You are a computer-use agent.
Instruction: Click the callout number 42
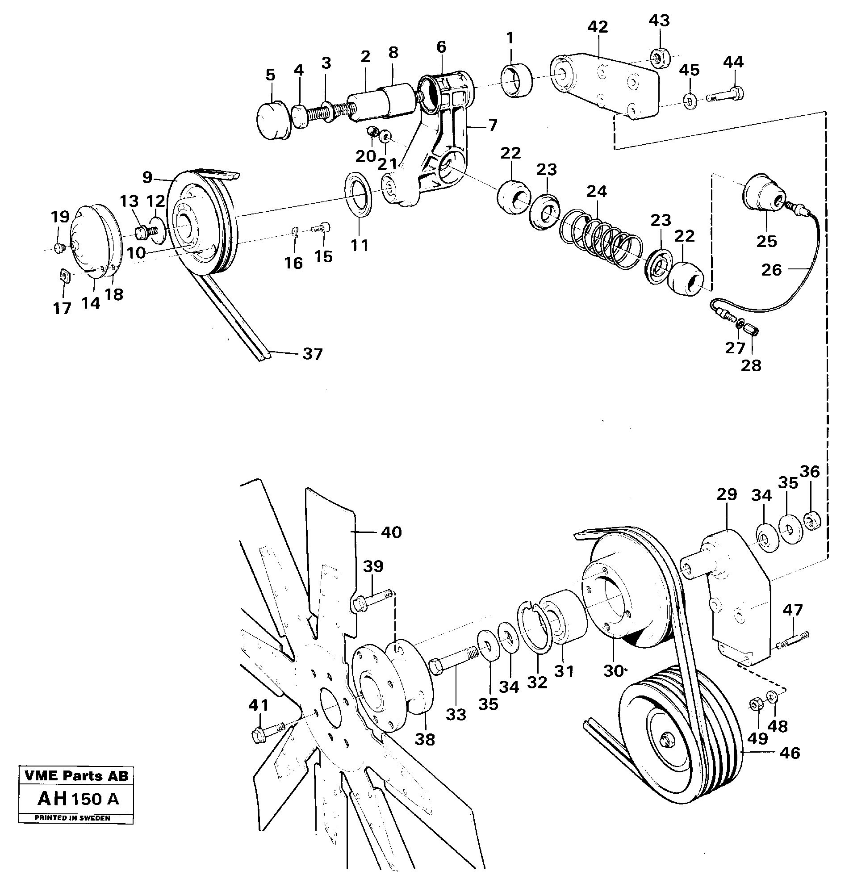point(598,27)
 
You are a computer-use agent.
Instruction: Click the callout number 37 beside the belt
point(312,354)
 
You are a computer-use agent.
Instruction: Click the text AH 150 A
point(78,799)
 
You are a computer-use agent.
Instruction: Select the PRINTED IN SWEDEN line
point(72,818)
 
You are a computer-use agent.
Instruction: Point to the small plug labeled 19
point(58,248)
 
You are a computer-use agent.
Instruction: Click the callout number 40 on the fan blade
point(391,533)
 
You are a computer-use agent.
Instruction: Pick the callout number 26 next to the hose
point(771,270)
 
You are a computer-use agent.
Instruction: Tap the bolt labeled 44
point(726,96)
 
